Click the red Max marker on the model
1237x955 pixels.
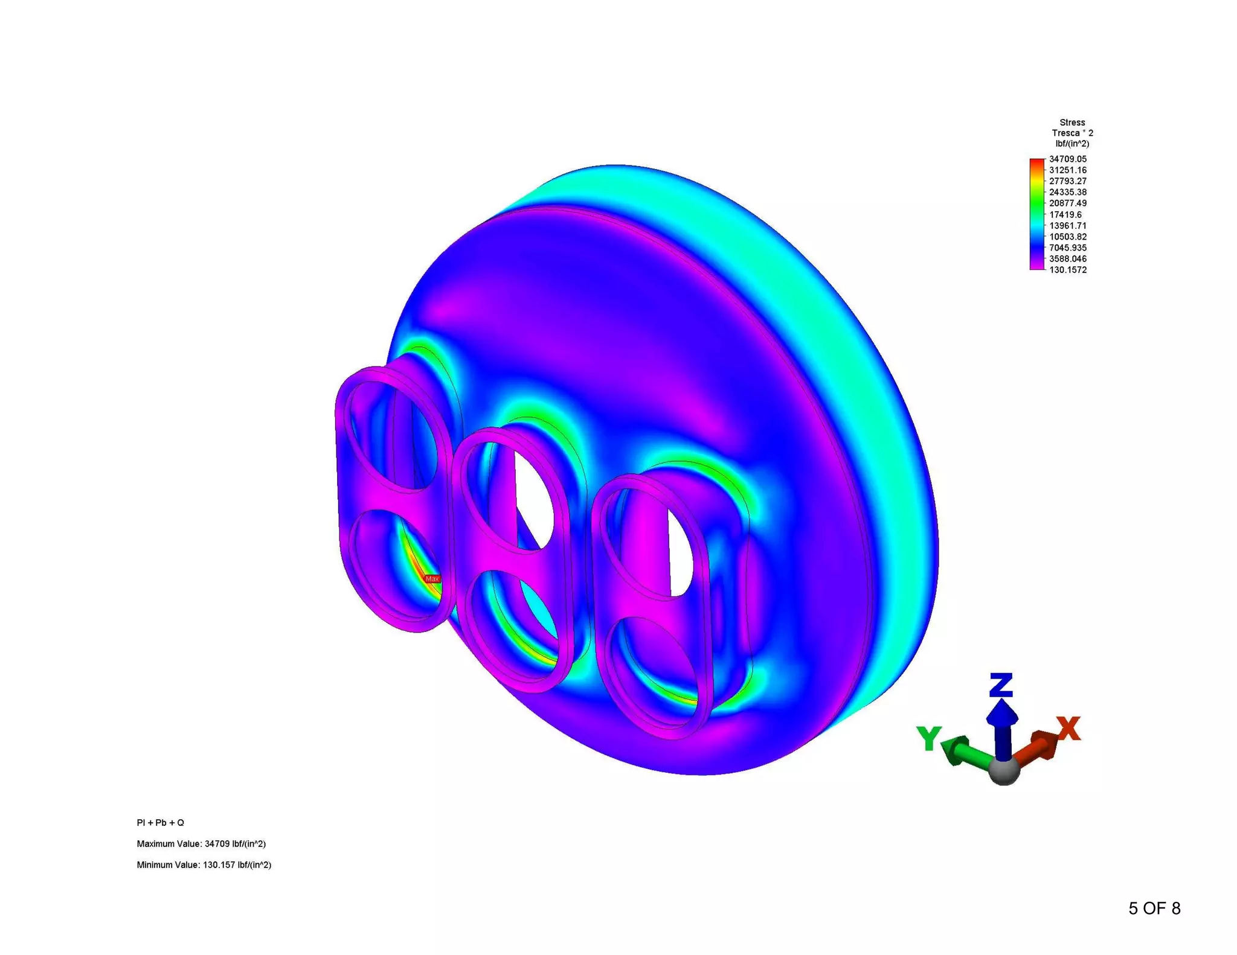pyautogui.click(x=432, y=578)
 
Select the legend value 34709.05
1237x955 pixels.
pyautogui.click(x=1067, y=159)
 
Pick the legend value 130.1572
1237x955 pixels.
pyautogui.click(x=1067, y=270)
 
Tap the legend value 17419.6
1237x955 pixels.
pyautogui.click(x=1065, y=215)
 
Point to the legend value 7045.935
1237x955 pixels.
pyautogui.click(x=1067, y=248)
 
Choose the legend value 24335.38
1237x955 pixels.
pyautogui.click(x=1067, y=193)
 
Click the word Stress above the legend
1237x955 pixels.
pyautogui.click(x=1072, y=123)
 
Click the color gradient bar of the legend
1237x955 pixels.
pyautogui.click(x=1036, y=214)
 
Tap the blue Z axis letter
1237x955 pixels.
pyautogui.click(x=1001, y=685)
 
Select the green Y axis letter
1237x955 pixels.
pyautogui.click(x=928, y=738)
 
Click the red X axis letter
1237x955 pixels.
pyautogui.click(x=1068, y=729)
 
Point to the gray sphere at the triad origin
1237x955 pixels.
pyautogui.click(x=1004, y=771)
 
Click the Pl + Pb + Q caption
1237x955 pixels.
pyautogui.click(x=160, y=823)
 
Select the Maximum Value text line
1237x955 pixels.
pyautogui.click(x=201, y=844)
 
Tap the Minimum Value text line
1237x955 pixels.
pyautogui.click(x=204, y=865)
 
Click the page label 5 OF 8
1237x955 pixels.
pyautogui.click(x=1154, y=909)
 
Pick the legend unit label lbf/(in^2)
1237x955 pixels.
pyautogui.click(x=1072, y=144)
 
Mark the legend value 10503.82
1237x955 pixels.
pyautogui.click(x=1067, y=237)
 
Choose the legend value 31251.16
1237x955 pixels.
pyautogui.click(x=1067, y=170)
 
